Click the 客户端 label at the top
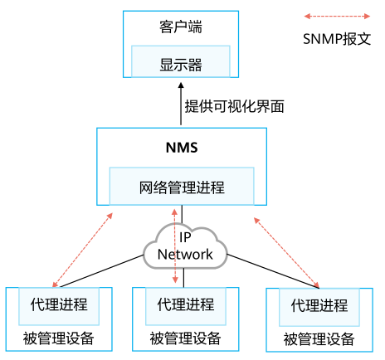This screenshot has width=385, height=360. pyautogui.click(x=180, y=28)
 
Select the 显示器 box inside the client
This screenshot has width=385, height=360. pyautogui.click(x=180, y=63)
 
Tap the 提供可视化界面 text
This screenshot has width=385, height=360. pyautogui.click(x=234, y=105)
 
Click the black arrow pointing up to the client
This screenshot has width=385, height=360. pyautogui.click(x=180, y=105)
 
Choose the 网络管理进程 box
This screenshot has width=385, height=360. pyautogui.click(x=182, y=187)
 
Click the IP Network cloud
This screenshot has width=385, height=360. pyautogui.click(x=185, y=246)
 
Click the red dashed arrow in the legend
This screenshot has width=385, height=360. pyautogui.click(x=336, y=15)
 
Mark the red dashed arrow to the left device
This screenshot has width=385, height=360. pyautogui.click(x=83, y=249)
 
